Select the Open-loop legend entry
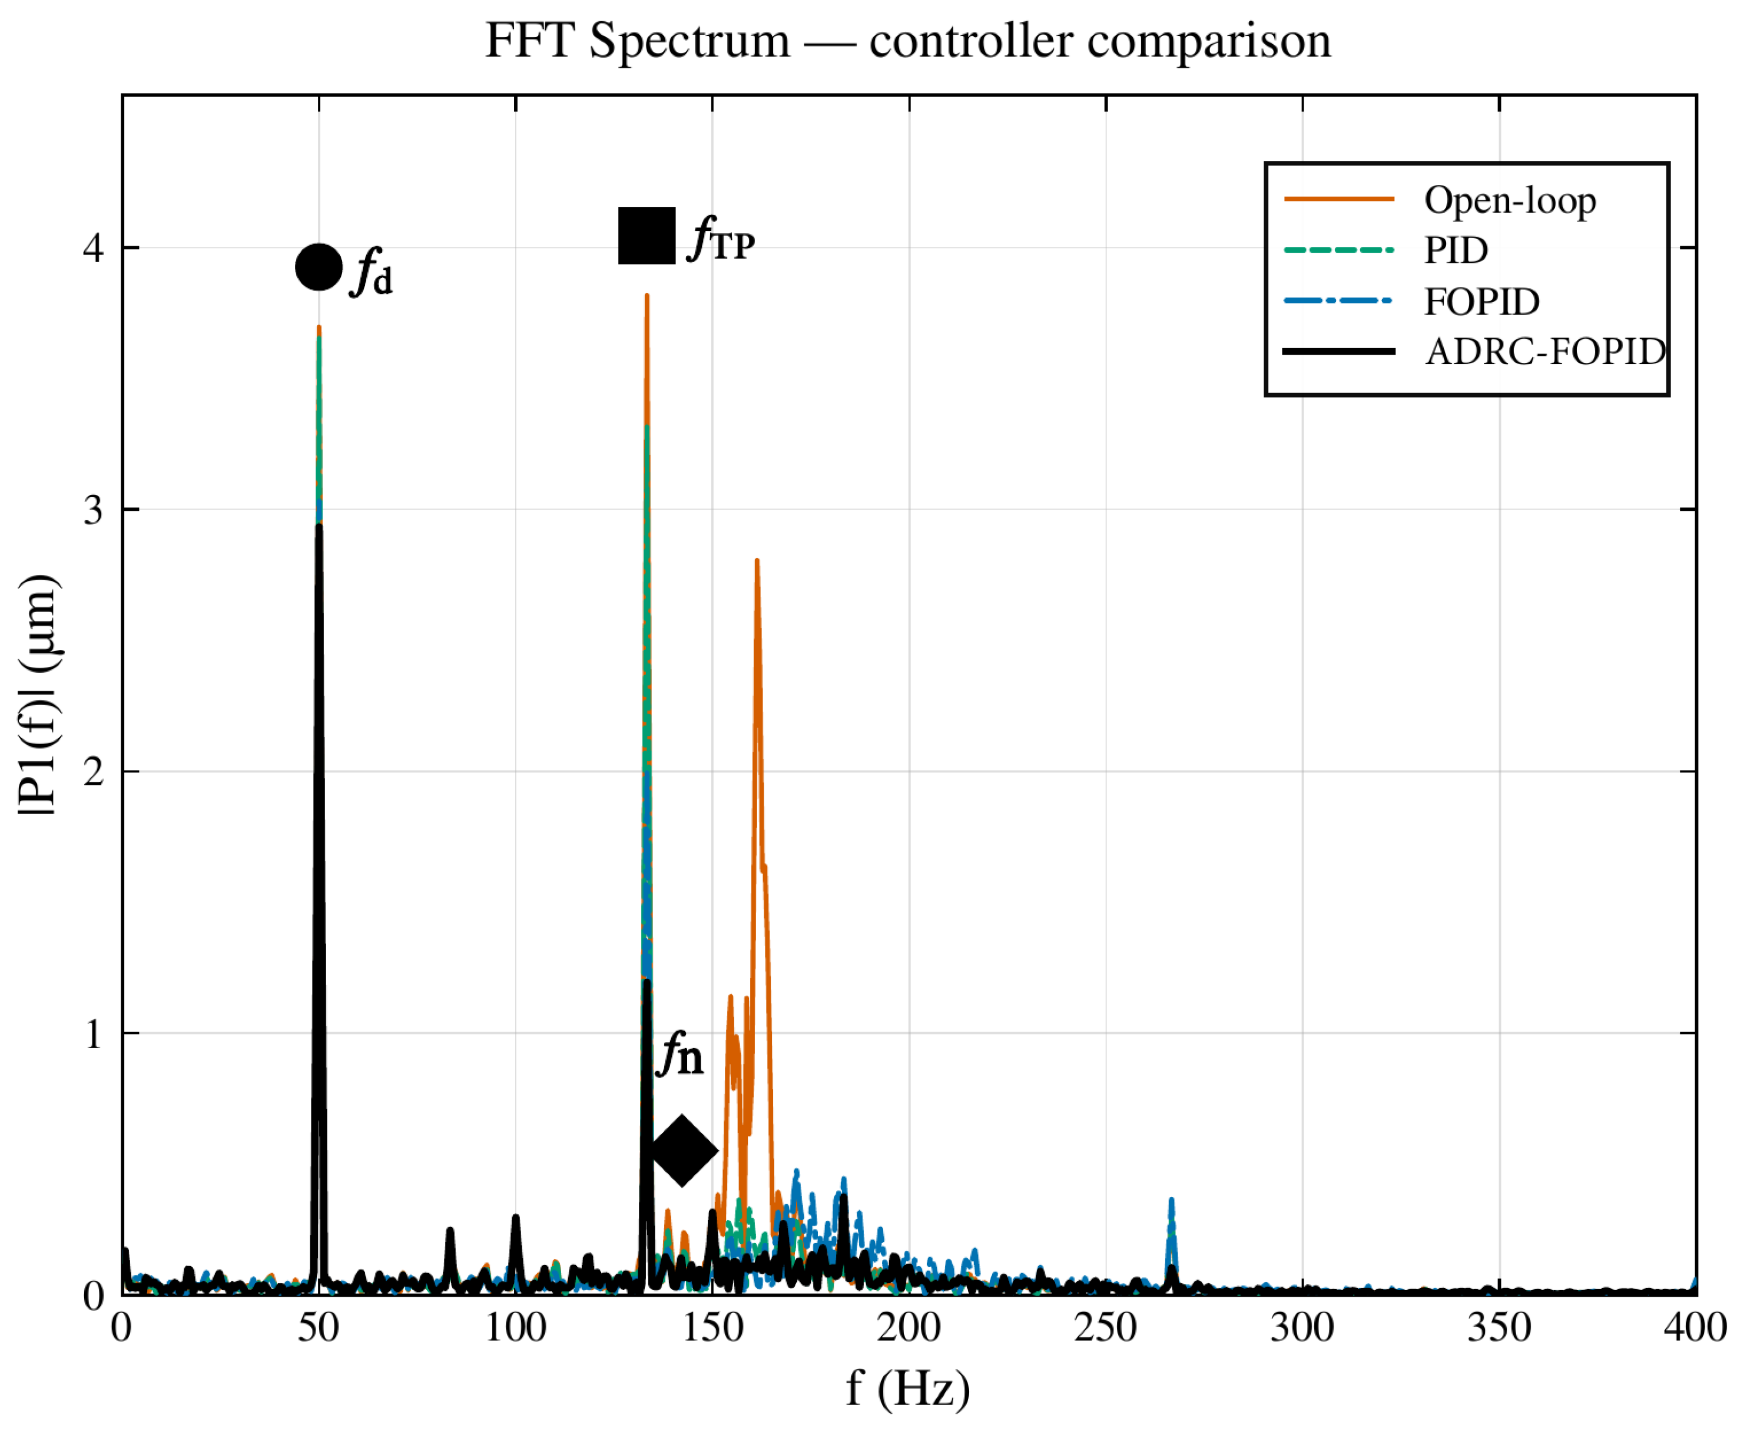pyautogui.click(x=1440, y=200)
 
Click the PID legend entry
pyautogui.click(x=1386, y=250)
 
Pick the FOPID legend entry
pyautogui.click(x=1411, y=301)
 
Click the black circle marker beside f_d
pyautogui.click(x=319, y=267)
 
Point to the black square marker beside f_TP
pyautogui.click(x=647, y=236)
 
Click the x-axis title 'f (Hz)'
pyautogui.click(x=908, y=1388)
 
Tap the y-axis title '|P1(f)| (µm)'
pyautogui.click(x=38, y=695)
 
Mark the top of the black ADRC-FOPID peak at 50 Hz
pyautogui.click(x=319, y=526)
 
